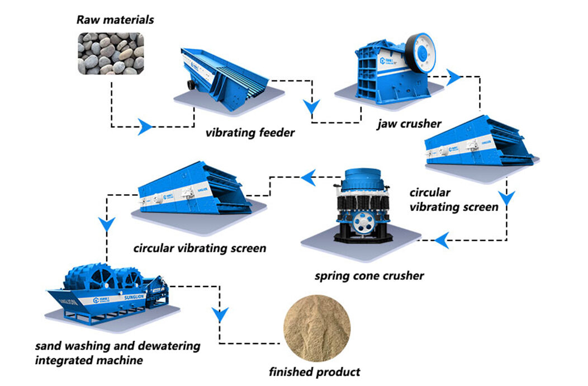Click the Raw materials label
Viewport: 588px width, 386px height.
pyautogui.click(x=115, y=20)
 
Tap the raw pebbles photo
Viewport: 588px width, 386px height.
pyautogui.click(x=110, y=54)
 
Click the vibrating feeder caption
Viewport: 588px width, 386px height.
pyautogui.click(x=249, y=133)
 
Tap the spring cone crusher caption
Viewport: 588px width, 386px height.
pyautogui.click(x=369, y=276)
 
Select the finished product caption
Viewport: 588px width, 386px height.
pyautogui.click(x=315, y=371)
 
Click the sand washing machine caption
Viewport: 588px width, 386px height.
pyautogui.click(x=117, y=352)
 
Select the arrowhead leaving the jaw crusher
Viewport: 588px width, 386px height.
pyautogui.click(x=453, y=78)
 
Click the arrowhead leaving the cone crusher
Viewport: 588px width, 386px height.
pyautogui.click(x=309, y=178)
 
